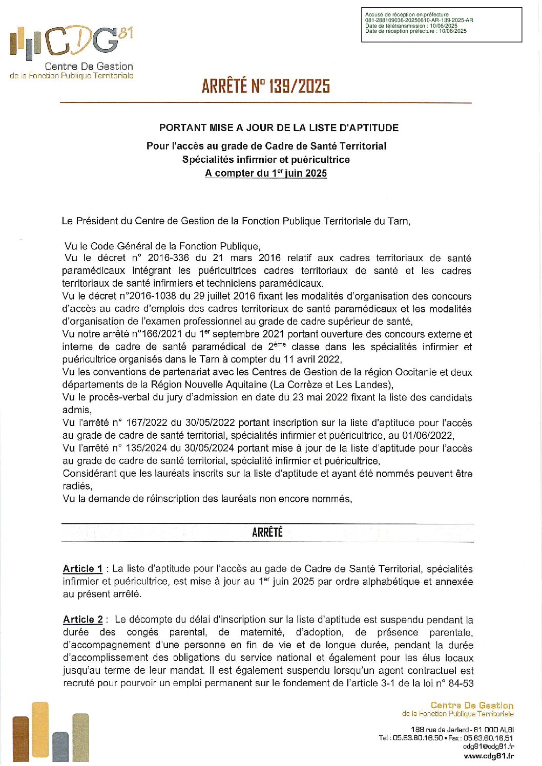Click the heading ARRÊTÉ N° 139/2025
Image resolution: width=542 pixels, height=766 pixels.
tap(265, 86)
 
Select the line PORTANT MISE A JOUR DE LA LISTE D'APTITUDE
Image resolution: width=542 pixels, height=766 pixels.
tap(279, 127)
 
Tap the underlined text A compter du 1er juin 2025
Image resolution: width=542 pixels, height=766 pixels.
tap(265, 173)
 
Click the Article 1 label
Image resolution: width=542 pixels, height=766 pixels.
tap(82, 568)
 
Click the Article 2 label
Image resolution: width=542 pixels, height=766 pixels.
tap(82, 619)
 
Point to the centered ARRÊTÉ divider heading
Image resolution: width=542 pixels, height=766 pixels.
tap(267, 533)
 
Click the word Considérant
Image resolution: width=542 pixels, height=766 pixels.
tap(89, 474)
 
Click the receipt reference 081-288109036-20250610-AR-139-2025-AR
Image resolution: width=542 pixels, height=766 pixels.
tap(419, 20)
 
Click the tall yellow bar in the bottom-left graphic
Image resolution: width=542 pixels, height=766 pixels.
tap(40, 730)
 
